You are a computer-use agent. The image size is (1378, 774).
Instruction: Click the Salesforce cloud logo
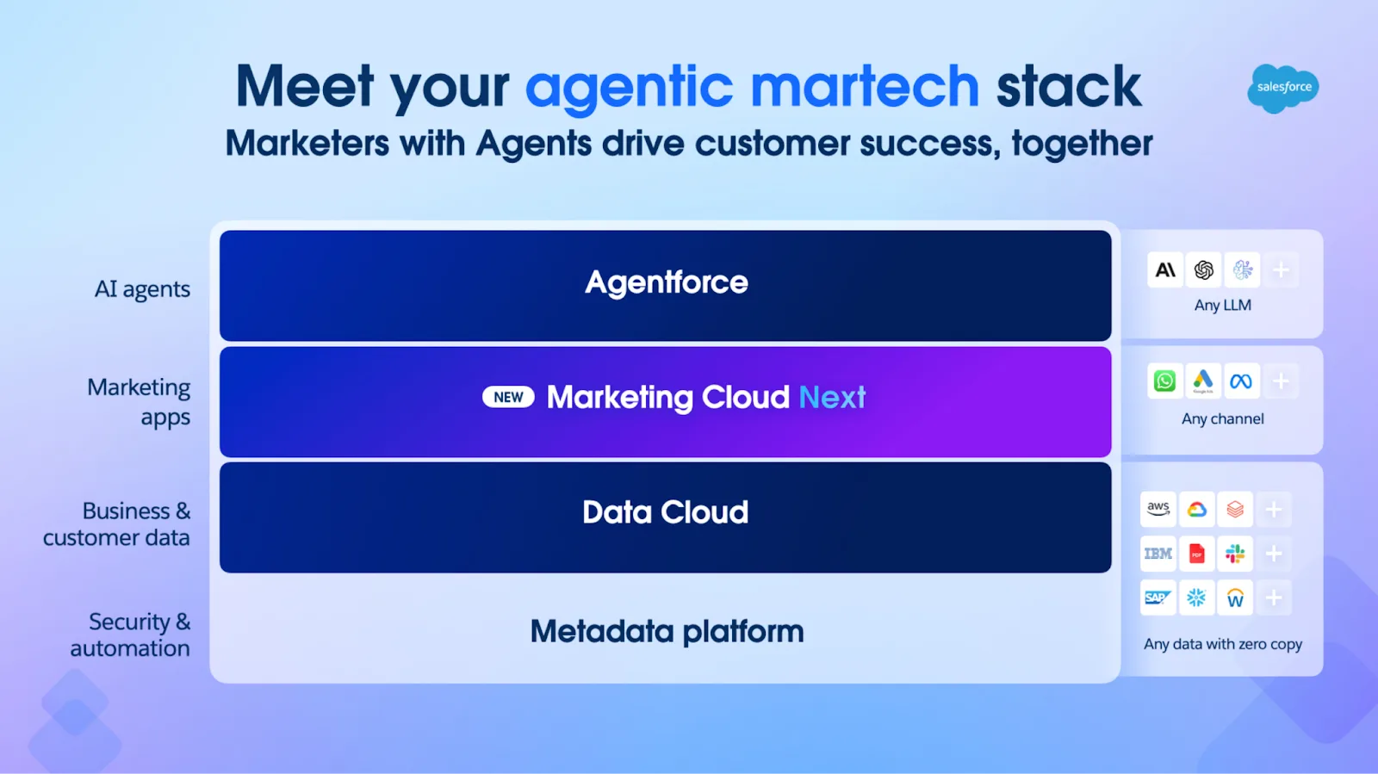click(1283, 88)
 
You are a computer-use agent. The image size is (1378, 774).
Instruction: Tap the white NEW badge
click(508, 397)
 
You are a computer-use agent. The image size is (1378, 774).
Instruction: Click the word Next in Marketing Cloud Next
click(832, 397)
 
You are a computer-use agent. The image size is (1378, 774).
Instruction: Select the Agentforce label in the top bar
click(667, 282)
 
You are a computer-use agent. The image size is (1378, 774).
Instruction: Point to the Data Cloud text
click(666, 512)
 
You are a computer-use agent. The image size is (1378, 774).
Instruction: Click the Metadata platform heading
click(667, 631)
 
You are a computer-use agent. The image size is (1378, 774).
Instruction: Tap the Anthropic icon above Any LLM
click(1165, 269)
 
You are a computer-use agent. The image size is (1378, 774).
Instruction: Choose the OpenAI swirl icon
click(1204, 269)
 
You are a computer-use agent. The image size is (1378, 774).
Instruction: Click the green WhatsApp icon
click(1164, 381)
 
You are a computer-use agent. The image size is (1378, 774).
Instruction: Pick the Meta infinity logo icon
click(1241, 381)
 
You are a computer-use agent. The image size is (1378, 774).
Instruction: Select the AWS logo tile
click(1158, 509)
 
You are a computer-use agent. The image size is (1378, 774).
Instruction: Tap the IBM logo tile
click(1158, 554)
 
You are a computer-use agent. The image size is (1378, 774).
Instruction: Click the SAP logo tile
click(1158, 598)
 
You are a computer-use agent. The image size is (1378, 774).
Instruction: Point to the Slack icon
click(1235, 554)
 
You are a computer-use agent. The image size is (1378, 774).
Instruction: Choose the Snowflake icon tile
click(1196, 598)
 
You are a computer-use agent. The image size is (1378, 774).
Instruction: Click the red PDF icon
click(1196, 554)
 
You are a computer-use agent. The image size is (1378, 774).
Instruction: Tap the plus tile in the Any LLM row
click(1281, 269)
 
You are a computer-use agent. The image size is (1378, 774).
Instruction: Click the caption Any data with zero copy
click(1223, 644)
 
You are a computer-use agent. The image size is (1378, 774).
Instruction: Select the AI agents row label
click(142, 289)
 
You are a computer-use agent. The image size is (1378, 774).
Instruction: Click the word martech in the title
click(865, 86)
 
